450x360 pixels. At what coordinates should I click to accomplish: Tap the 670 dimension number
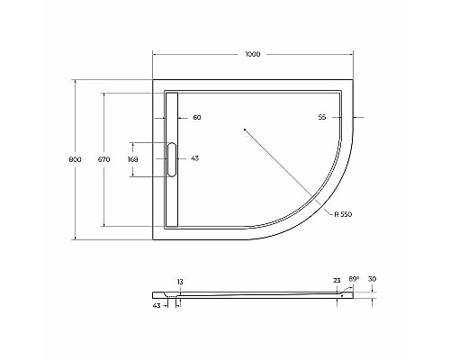(103, 159)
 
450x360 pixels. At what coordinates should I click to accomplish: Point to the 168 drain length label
(133, 159)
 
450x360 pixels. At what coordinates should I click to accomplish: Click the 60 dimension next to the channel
(196, 118)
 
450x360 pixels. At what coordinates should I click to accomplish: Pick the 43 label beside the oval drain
(194, 159)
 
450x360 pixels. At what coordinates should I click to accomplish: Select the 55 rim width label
(321, 118)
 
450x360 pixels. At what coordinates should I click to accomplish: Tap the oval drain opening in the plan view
(173, 159)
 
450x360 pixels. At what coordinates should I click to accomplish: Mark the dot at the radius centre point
(245, 130)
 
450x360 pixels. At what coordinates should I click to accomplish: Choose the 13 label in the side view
(179, 283)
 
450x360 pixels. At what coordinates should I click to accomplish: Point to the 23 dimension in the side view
(337, 280)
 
